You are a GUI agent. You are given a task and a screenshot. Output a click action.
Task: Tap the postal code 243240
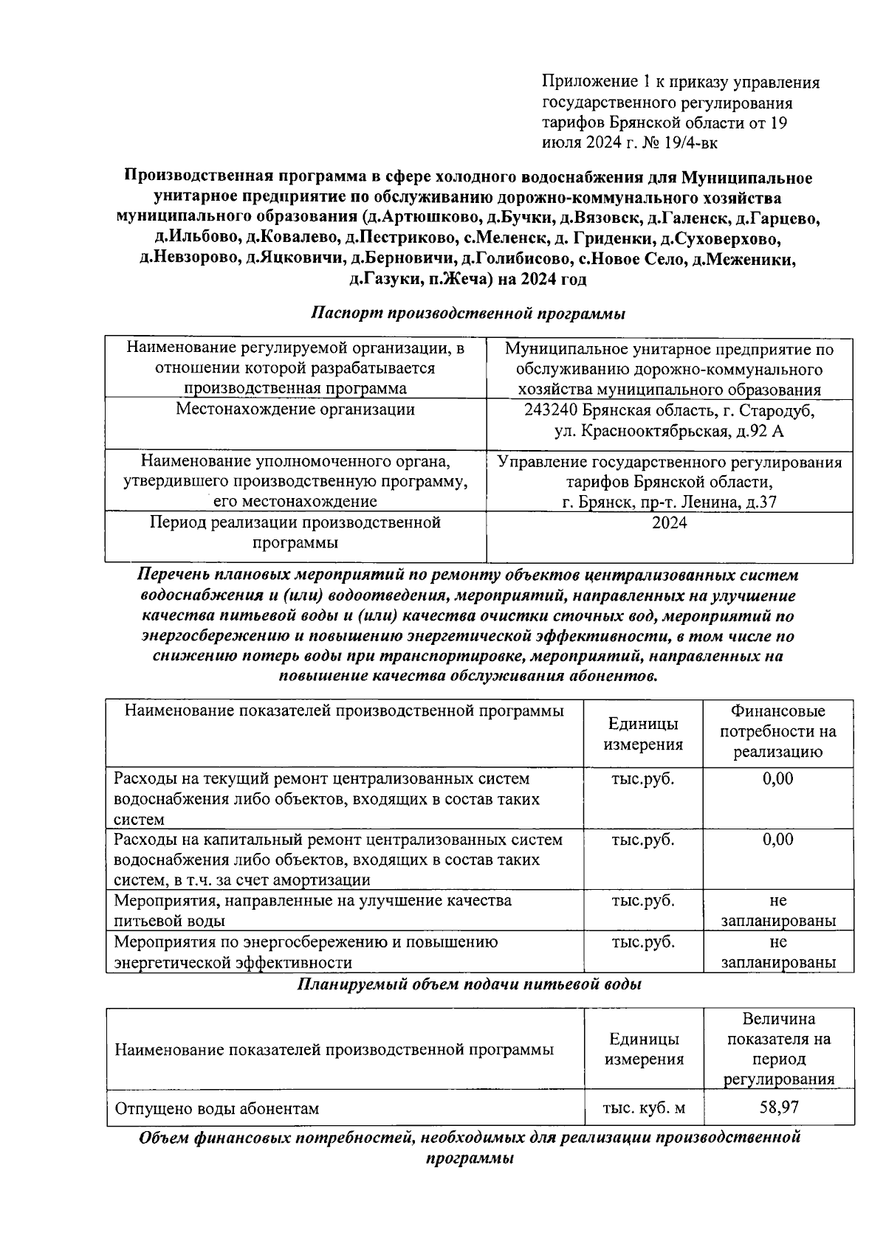(552, 410)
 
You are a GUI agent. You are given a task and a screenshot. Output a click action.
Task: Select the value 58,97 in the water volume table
(778, 1107)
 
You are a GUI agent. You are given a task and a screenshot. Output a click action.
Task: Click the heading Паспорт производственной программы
(468, 313)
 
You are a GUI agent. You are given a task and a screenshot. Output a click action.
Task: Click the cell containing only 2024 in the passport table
(669, 523)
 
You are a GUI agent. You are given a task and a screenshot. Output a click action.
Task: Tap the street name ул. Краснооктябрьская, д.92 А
(669, 431)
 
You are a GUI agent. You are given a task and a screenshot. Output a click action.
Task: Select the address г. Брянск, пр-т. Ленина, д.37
(669, 502)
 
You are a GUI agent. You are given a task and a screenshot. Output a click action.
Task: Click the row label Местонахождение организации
(295, 410)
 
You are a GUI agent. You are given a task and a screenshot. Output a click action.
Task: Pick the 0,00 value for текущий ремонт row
(778, 778)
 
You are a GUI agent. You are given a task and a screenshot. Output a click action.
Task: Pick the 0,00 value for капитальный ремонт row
(778, 840)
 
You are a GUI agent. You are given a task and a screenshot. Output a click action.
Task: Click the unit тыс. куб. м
(644, 1107)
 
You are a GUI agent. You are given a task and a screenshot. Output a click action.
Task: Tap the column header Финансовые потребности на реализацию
(778, 732)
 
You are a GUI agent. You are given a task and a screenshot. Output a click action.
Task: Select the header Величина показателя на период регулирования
(778, 1048)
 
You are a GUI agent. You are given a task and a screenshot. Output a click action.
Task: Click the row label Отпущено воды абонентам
(216, 1108)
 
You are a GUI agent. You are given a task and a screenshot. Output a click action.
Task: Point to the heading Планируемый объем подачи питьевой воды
(469, 984)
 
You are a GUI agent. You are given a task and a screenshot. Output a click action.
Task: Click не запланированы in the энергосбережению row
(778, 952)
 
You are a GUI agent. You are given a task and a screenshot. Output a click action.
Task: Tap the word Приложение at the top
(588, 82)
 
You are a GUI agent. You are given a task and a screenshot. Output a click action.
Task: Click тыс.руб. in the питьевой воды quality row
(643, 901)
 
